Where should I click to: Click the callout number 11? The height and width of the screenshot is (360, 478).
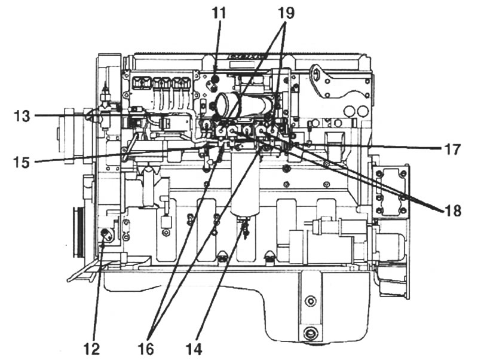tap(219, 13)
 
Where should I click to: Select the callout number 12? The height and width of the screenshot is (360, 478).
tap(91, 349)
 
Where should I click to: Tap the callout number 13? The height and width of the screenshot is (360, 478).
tap(22, 116)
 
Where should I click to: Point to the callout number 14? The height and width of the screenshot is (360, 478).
tap(194, 349)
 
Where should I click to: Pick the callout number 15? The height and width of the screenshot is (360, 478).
tap(22, 162)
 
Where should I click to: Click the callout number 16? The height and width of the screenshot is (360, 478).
tap(145, 349)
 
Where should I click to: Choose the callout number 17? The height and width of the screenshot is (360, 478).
tap(452, 150)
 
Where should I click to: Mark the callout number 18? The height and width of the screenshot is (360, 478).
tap(453, 210)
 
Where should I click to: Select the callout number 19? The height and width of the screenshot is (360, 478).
tap(286, 13)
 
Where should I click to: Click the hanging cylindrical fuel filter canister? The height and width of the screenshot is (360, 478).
tap(245, 183)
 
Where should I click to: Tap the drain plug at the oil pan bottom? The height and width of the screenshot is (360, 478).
tap(310, 334)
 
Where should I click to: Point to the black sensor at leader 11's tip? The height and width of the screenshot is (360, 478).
tap(216, 80)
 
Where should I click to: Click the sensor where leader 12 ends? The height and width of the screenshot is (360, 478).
tap(106, 234)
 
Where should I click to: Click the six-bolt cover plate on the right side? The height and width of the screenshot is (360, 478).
tap(391, 192)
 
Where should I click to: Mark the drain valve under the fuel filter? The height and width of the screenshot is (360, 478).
tap(245, 227)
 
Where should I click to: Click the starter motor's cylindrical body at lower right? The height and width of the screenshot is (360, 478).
tap(387, 244)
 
